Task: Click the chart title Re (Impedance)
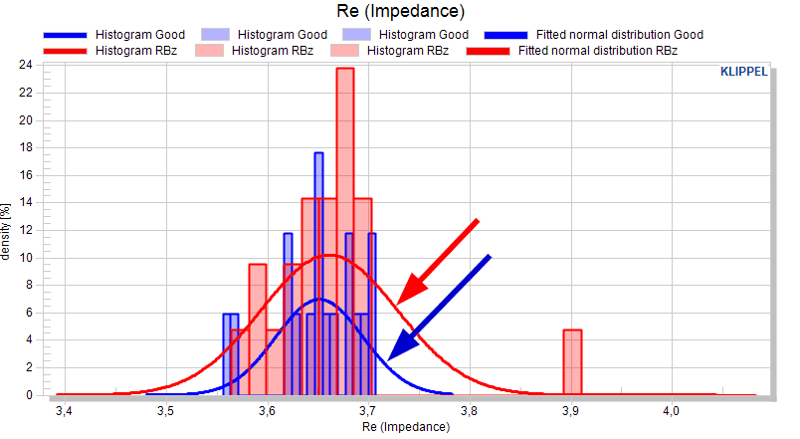click(x=401, y=11)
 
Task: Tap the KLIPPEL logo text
click(x=743, y=72)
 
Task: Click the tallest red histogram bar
click(x=345, y=231)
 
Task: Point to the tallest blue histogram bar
click(x=318, y=274)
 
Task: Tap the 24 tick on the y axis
click(x=26, y=65)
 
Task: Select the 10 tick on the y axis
click(x=26, y=257)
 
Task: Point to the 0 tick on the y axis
click(x=29, y=394)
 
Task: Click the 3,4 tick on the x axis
click(x=65, y=410)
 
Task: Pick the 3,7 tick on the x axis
click(x=368, y=410)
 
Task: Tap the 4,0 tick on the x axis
click(x=672, y=410)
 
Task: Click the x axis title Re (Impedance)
click(x=406, y=427)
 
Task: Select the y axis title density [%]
click(x=6, y=232)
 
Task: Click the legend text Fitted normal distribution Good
click(x=619, y=35)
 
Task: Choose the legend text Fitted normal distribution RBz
click(x=597, y=51)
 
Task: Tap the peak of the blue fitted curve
click(x=319, y=299)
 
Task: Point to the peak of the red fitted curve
click(x=330, y=255)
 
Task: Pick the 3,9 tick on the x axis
click(x=570, y=410)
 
